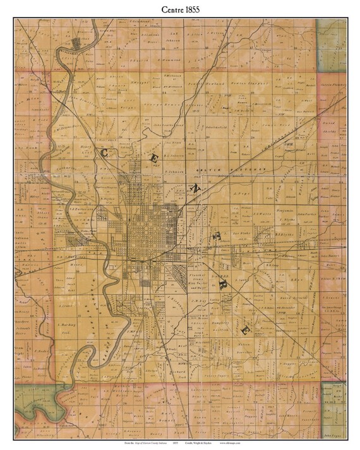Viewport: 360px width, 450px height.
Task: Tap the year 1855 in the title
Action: click(x=194, y=8)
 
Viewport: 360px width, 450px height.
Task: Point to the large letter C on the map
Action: click(x=105, y=152)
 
